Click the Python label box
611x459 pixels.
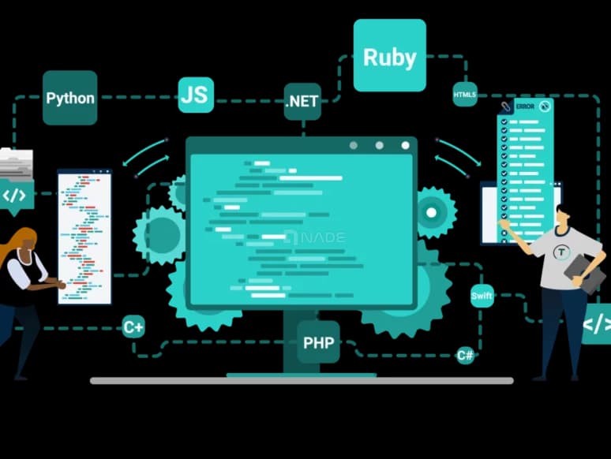tap(69, 98)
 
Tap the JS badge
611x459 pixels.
tap(196, 95)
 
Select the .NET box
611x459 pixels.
tap(302, 102)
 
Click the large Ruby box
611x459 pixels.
tap(390, 55)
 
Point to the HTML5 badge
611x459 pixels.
tap(465, 94)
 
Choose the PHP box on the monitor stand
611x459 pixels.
tap(318, 342)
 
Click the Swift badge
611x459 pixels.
tap(482, 296)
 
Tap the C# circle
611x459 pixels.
tap(465, 355)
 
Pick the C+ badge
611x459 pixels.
tap(133, 327)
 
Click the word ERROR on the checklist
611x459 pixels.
tap(525, 106)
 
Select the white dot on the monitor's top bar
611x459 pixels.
tap(405, 145)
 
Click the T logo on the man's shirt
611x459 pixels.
tap(561, 252)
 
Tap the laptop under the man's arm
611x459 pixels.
tap(584, 274)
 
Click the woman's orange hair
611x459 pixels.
tap(16, 242)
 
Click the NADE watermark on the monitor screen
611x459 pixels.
tap(316, 237)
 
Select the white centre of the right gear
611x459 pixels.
tap(431, 213)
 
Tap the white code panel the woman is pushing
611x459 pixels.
tap(84, 237)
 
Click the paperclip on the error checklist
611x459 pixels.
tap(506, 106)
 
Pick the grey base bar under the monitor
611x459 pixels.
tap(302, 381)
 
